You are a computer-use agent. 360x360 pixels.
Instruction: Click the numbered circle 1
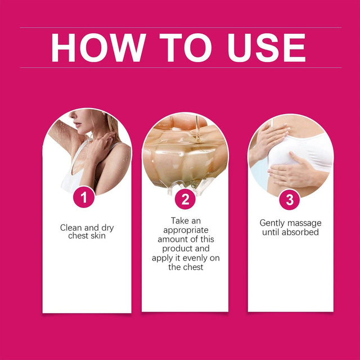click(x=84, y=197)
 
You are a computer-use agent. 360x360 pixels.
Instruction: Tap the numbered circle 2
click(x=185, y=199)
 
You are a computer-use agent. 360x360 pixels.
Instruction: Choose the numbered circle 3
click(x=290, y=199)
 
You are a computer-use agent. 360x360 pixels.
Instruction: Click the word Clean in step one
click(x=71, y=228)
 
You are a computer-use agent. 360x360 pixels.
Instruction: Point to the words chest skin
click(x=87, y=237)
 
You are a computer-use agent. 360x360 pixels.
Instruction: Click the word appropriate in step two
click(x=184, y=231)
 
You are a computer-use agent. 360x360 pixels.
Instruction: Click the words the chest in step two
click(x=185, y=267)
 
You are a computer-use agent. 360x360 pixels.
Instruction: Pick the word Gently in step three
click(x=272, y=223)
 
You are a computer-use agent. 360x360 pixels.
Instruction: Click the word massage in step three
click(x=304, y=223)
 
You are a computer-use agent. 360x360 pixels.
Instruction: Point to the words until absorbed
click(x=290, y=232)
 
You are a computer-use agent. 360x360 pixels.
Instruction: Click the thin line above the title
click(x=181, y=27)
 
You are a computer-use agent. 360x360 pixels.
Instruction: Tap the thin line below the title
click(x=181, y=68)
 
